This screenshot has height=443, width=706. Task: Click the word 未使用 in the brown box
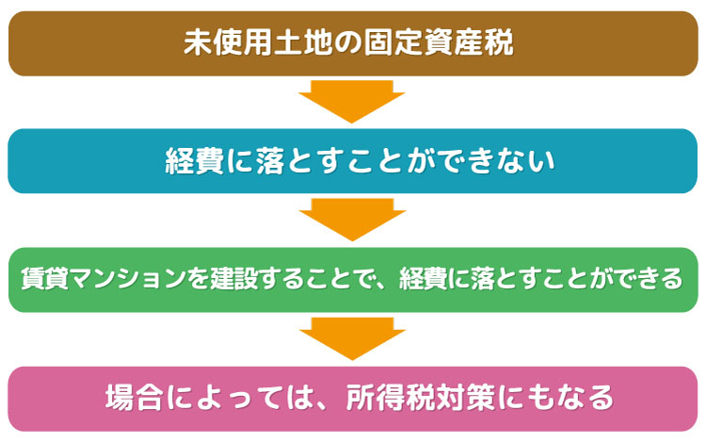(x=228, y=43)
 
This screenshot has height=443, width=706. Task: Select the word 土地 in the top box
(x=302, y=43)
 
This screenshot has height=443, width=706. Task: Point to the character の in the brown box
(x=347, y=43)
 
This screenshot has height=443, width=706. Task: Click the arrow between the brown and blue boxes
(x=352, y=102)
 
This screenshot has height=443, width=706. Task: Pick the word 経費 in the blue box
(x=195, y=161)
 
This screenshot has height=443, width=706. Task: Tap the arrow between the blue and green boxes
(x=353, y=220)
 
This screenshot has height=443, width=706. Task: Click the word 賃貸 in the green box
(x=44, y=278)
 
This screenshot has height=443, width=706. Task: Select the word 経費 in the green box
(x=423, y=278)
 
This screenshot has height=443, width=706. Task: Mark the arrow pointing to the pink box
(x=353, y=338)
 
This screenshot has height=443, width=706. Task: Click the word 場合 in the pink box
(x=134, y=398)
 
